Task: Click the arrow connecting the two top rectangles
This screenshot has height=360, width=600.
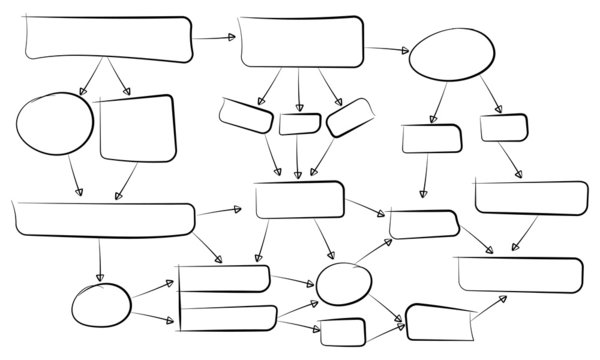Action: [214, 38]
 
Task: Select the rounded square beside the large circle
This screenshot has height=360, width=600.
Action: [137, 127]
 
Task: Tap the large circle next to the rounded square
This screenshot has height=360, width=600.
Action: [54, 125]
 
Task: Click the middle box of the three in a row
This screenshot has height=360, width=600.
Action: [299, 124]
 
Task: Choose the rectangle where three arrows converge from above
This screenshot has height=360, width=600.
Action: [299, 199]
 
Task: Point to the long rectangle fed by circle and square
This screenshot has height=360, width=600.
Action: [104, 219]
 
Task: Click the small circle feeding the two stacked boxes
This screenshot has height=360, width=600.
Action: [101, 304]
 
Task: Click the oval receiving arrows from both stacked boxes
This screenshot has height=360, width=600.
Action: [343, 283]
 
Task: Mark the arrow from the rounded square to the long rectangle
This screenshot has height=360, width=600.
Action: [126, 181]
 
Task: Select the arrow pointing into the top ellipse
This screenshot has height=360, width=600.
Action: [387, 49]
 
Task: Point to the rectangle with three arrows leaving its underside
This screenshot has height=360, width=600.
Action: [301, 42]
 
